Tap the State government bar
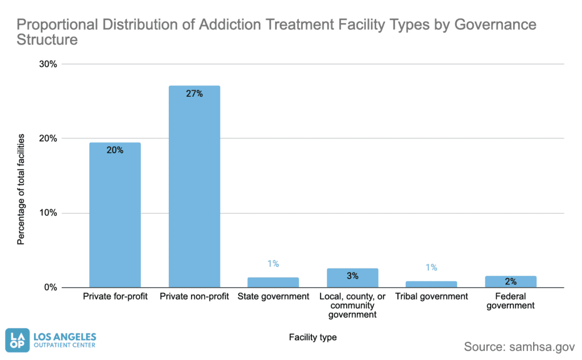(273, 282)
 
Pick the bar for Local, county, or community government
(352, 278)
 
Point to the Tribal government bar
(431, 284)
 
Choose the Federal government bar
(510, 282)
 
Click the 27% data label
(194, 94)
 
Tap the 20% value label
(115, 150)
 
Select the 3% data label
(352, 276)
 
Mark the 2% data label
(510, 282)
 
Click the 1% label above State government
(273, 263)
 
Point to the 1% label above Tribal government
(431, 267)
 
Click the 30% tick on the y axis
(48, 64)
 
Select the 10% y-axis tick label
(48, 213)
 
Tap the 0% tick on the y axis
(50, 288)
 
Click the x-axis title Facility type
(313, 337)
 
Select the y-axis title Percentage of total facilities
(21, 189)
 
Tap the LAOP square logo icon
(16, 339)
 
